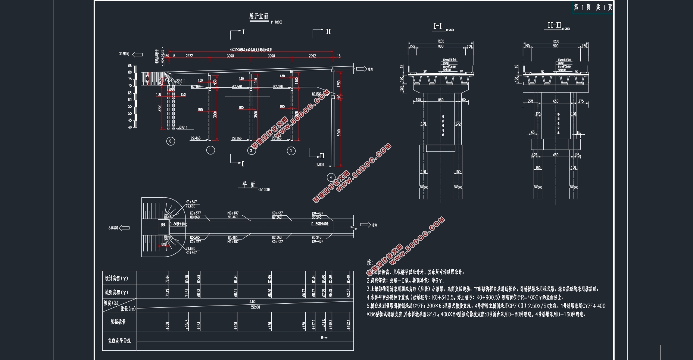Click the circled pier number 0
(x=171, y=141)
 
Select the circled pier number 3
(x=291, y=151)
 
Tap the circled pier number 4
(x=331, y=177)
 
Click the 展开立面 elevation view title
(x=259, y=16)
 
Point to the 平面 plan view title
(x=248, y=185)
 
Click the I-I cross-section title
(x=437, y=26)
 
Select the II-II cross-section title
(x=554, y=25)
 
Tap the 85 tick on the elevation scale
(x=130, y=66)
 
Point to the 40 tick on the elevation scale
(x=130, y=127)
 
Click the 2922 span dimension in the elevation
(x=189, y=56)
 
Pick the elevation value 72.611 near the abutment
(x=181, y=81)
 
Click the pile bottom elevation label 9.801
(x=320, y=164)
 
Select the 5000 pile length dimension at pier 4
(x=339, y=133)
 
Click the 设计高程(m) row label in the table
(x=116, y=278)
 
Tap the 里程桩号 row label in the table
(x=118, y=322)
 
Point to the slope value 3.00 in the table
(x=253, y=302)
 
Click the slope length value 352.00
(x=255, y=307)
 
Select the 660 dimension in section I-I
(x=441, y=100)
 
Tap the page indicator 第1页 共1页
(x=593, y=7)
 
